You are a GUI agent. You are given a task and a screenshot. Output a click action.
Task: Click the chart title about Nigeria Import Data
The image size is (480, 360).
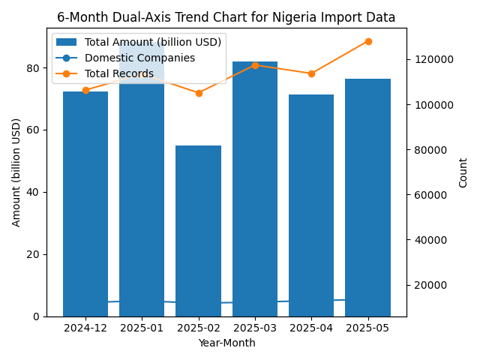coord(226,17)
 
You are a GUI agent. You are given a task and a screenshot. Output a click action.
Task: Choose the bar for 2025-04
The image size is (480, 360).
coord(311,205)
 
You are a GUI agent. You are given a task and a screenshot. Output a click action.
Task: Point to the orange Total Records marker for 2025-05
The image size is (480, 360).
coord(368,41)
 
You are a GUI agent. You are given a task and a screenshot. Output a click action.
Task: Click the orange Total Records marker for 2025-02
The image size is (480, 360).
coord(199,93)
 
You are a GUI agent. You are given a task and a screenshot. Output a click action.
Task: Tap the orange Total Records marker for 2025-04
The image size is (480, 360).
coord(311,73)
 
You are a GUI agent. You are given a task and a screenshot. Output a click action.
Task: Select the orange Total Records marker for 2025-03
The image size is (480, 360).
coord(255,65)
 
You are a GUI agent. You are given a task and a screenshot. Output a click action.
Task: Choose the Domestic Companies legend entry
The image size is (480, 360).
coord(139,58)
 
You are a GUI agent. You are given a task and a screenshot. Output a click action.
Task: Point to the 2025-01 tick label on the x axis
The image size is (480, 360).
coord(142,328)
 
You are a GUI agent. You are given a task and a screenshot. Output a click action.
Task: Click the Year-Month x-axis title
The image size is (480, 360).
coord(226,343)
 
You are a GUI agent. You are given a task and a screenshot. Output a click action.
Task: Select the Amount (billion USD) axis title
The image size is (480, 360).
coord(16,172)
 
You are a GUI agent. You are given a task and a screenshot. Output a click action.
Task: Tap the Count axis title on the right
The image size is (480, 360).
coord(463,172)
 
